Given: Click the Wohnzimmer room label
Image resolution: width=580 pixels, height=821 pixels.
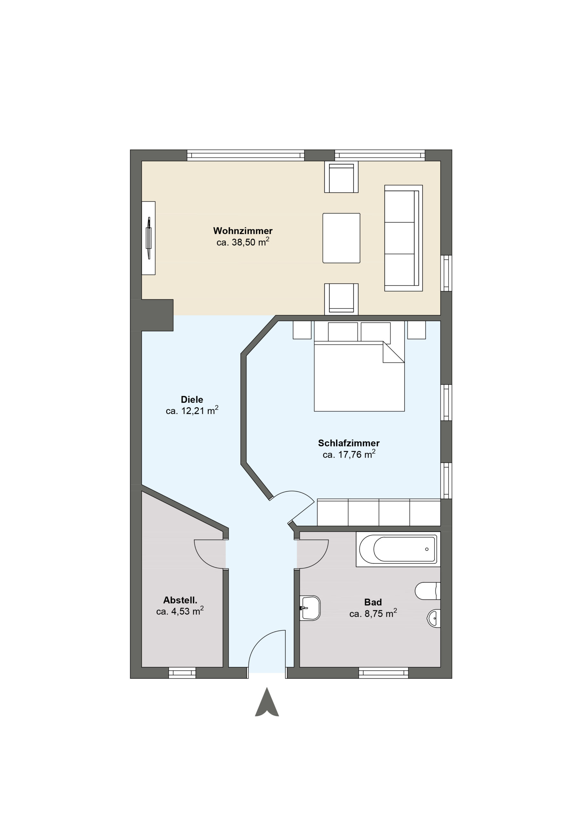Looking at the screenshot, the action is click(x=243, y=231).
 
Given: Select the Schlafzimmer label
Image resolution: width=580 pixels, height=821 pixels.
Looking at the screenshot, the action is click(x=349, y=443).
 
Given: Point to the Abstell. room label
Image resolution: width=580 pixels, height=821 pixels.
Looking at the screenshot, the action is click(x=180, y=600).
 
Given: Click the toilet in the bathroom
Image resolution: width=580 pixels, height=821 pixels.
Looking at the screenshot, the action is click(x=427, y=591).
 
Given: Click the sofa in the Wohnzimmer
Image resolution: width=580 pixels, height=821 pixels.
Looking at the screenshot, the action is click(x=403, y=238).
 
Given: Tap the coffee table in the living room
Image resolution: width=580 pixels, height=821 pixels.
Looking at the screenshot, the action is click(x=341, y=238).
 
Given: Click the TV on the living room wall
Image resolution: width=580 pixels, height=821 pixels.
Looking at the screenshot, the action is click(x=149, y=238).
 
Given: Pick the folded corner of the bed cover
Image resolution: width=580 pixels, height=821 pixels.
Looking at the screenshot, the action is click(x=394, y=352).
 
